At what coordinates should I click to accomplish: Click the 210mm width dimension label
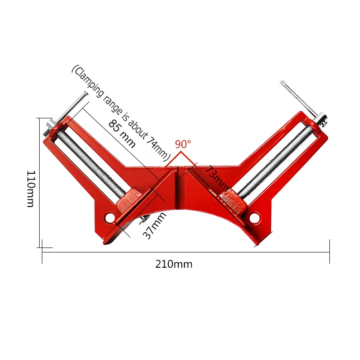pos(174,264)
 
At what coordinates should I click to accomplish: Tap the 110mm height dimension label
pos(31,189)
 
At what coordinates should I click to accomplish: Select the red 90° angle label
pos(183,144)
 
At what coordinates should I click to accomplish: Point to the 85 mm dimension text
pos(122,134)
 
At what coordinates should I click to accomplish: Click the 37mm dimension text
pos(154,226)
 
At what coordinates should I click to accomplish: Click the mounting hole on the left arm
pos(110,217)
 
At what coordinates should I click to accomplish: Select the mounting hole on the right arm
pos(255,217)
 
